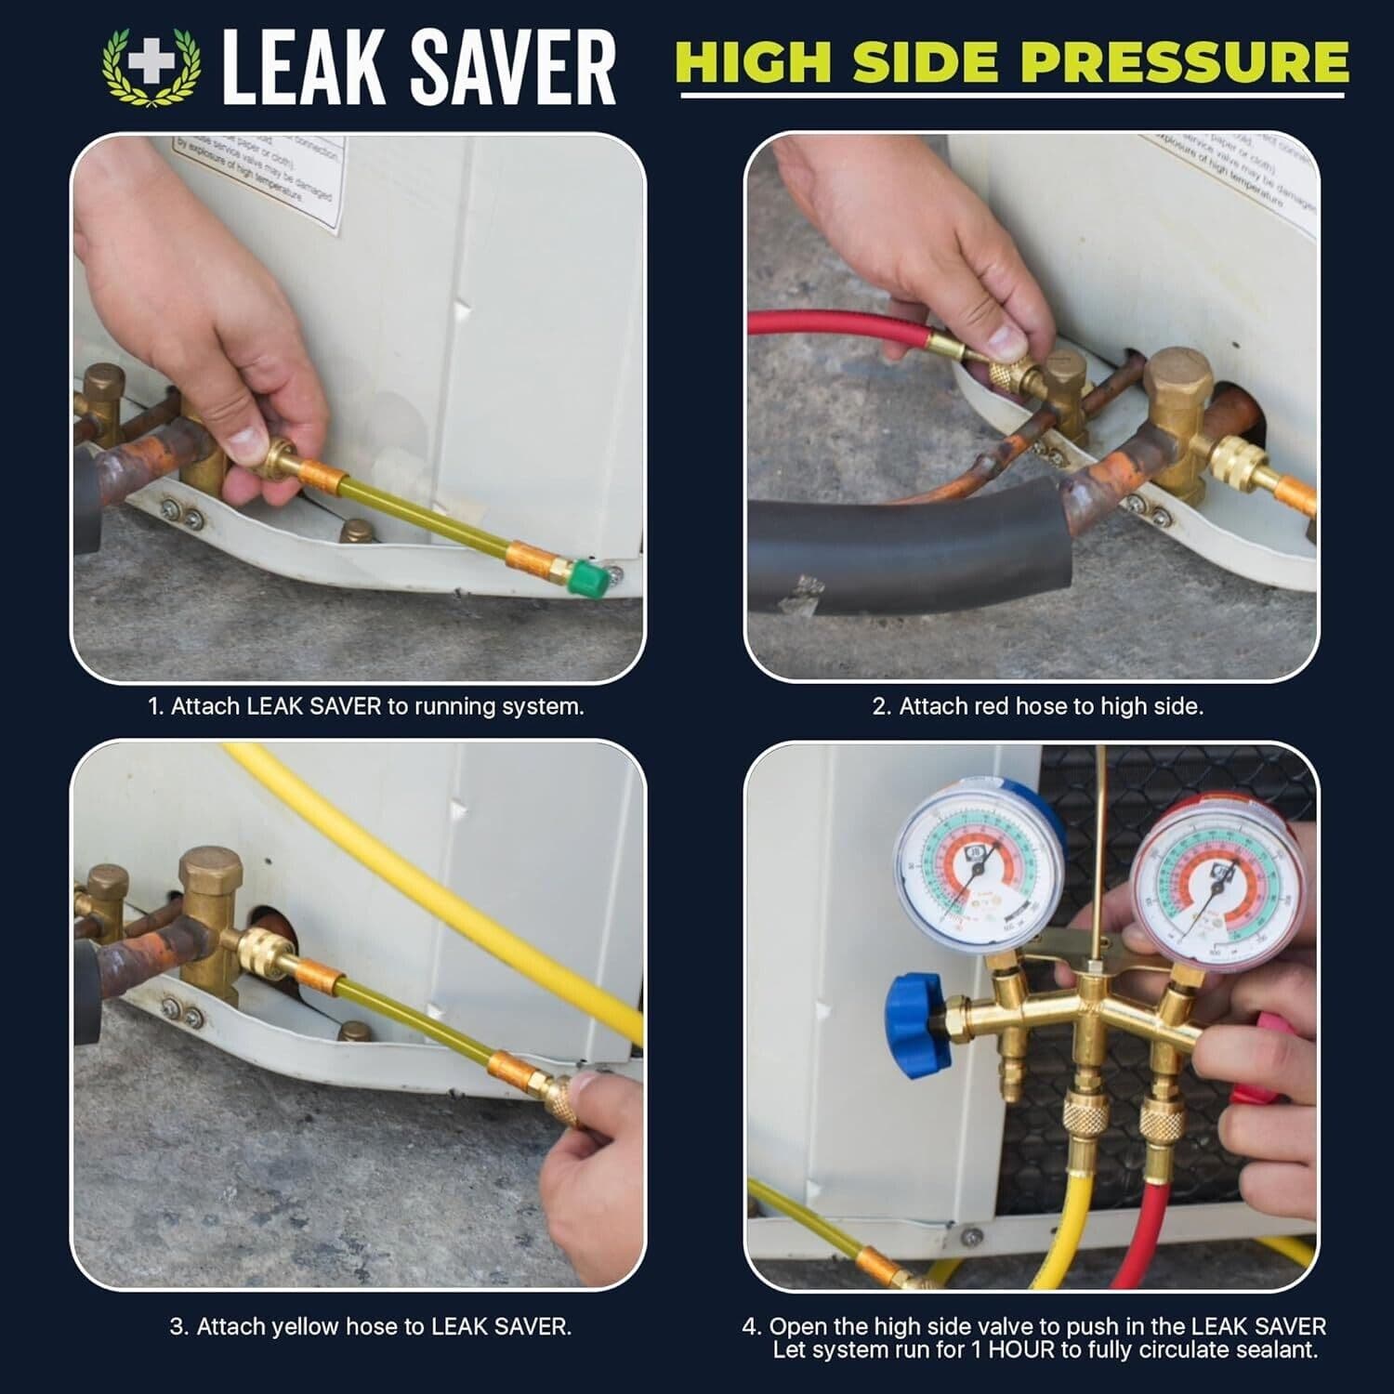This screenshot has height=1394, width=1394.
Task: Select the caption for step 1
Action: click(366, 706)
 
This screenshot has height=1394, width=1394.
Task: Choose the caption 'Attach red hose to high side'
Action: click(1037, 706)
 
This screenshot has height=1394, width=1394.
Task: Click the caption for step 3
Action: click(370, 1326)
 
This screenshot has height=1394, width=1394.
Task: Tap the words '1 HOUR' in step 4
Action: click(1010, 1349)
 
